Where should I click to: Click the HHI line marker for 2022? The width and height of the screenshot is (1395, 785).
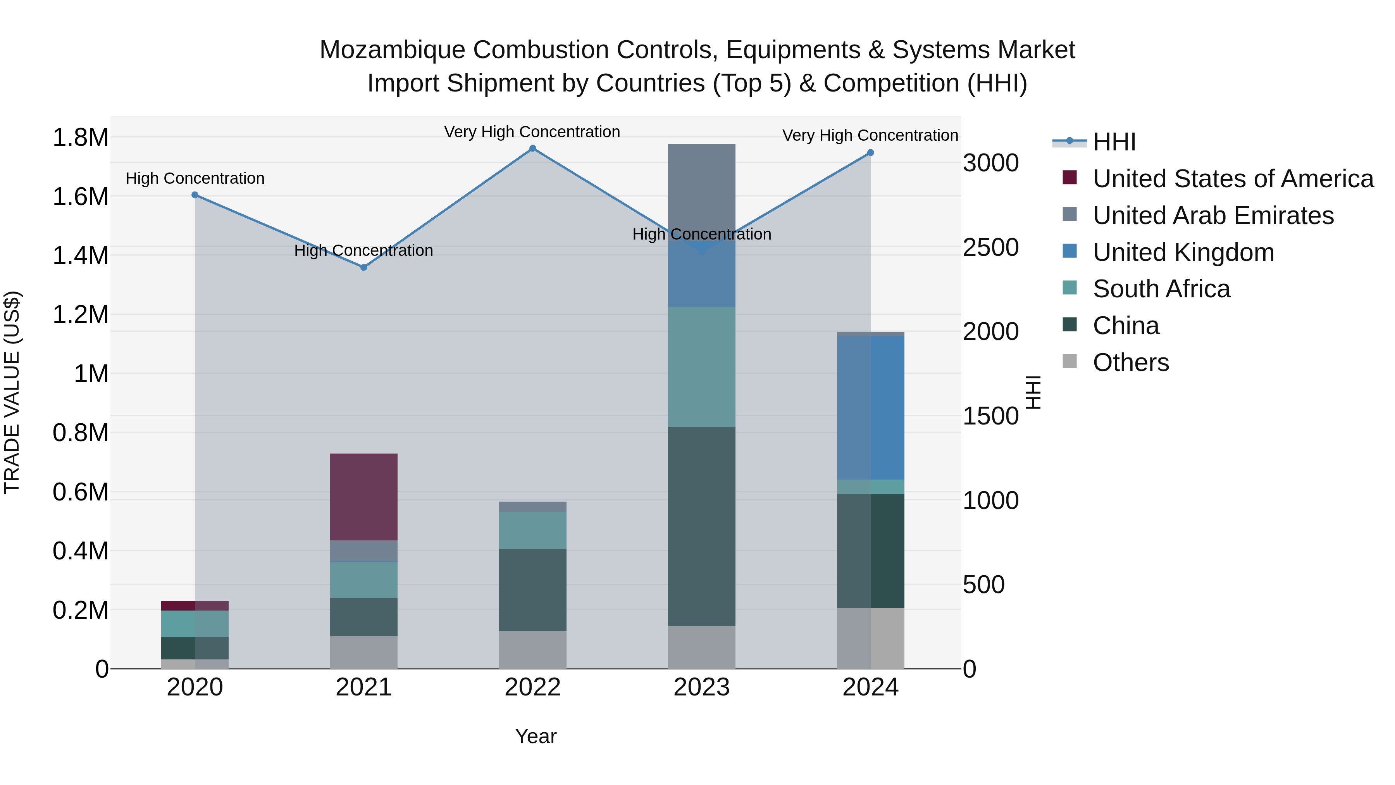[532, 148]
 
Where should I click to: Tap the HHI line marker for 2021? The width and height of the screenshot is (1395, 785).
[364, 267]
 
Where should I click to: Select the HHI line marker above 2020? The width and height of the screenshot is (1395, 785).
[195, 195]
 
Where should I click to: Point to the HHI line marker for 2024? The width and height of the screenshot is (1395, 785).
[870, 153]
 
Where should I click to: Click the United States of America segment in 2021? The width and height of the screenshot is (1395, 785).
[364, 497]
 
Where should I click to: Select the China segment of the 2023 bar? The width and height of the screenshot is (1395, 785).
[701, 526]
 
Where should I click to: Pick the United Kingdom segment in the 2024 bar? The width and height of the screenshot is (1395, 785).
[870, 407]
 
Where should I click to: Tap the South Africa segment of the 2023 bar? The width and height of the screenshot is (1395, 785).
[701, 367]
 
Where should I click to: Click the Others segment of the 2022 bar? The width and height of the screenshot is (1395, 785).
[532, 650]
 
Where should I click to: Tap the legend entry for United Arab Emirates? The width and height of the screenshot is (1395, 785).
[1212, 216]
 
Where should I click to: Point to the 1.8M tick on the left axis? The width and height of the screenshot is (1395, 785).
[80, 138]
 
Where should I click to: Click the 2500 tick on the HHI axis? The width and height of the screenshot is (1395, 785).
[990, 248]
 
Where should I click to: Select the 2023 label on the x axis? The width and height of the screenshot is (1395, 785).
[701, 687]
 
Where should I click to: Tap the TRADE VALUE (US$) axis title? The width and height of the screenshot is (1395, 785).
[12, 392]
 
